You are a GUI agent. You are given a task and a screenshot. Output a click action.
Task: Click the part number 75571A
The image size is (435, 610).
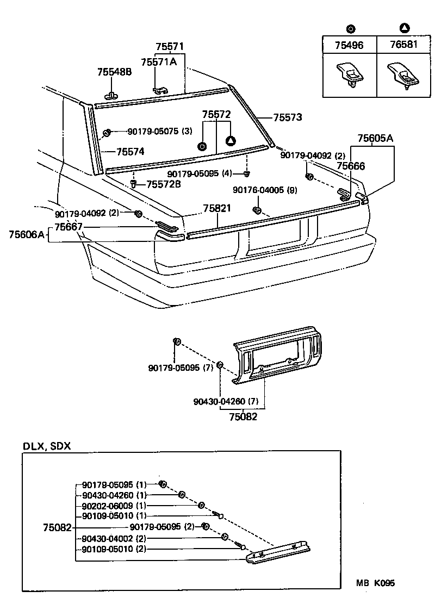159,62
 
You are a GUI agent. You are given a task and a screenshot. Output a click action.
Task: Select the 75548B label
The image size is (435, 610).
114,72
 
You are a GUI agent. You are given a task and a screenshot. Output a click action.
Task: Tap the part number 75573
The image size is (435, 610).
287,117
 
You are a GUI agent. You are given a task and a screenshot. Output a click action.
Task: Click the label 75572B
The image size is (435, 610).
163,184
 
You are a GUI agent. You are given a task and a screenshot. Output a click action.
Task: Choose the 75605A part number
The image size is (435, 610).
375,138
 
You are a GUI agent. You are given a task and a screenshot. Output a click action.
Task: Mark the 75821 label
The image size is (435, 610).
217,208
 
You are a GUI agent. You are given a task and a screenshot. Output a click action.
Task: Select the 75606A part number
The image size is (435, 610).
26,234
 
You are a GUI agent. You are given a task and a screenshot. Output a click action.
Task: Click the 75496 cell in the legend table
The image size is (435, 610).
350,45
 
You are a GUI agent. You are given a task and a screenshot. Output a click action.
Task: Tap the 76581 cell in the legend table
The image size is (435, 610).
404,45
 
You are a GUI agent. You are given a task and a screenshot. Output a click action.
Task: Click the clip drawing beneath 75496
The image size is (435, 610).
350,74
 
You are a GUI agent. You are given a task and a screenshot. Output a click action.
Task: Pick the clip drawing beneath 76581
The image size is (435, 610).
404,74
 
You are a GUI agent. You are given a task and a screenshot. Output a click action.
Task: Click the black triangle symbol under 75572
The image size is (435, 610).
231,141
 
